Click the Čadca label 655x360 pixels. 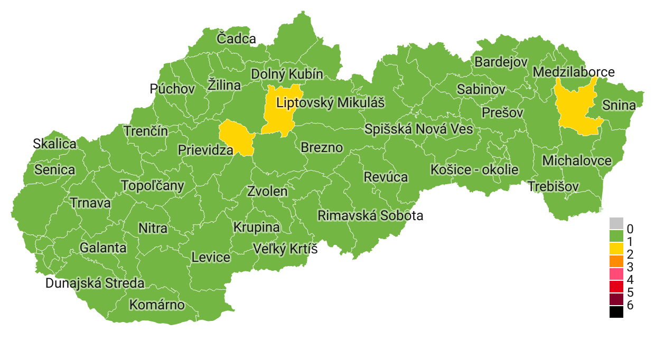point(236,39)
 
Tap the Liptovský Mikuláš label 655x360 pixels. point(331,102)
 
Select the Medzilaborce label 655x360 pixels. point(574,72)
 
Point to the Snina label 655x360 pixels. point(619,105)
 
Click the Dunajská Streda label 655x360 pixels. point(95,283)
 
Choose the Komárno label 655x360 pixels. point(157,305)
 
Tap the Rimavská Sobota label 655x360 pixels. point(370,215)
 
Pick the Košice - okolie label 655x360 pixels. point(474,170)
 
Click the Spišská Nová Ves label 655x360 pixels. point(419,129)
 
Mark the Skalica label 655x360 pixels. point(54,144)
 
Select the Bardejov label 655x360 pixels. point(501,62)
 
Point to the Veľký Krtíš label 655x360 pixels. point(285,248)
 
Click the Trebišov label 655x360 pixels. point(554,186)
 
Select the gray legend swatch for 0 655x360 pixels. point(616,223)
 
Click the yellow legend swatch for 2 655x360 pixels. point(616,248)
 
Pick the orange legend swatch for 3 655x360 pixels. point(616,261)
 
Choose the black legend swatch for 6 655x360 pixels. point(616,312)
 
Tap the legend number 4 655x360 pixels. point(630,279)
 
